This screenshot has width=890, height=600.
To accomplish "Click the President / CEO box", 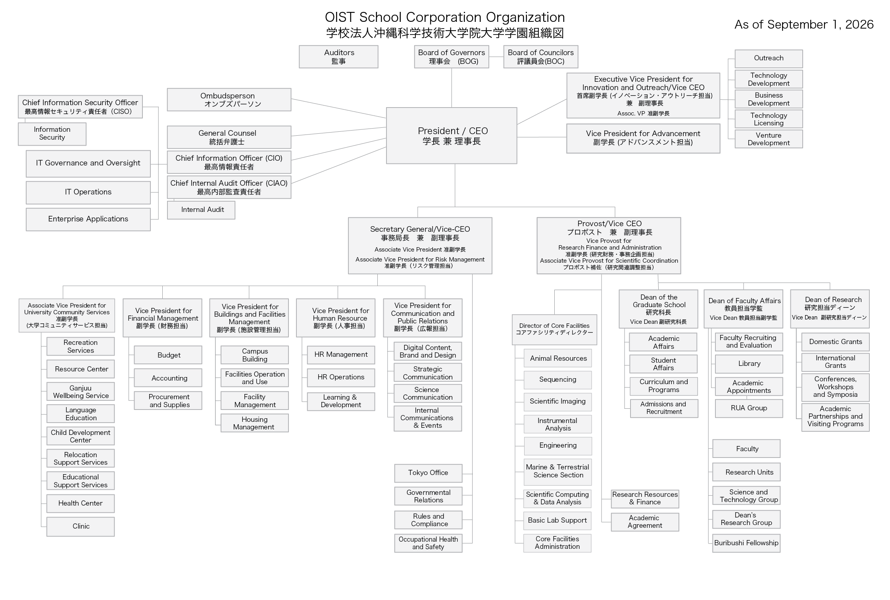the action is [x=452, y=136].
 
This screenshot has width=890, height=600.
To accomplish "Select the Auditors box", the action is [x=338, y=57].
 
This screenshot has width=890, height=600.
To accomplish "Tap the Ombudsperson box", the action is [x=229, y=100].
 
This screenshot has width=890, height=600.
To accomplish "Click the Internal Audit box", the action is [x=201, y=210].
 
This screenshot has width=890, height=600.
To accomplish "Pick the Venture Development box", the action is [x=769, y=139].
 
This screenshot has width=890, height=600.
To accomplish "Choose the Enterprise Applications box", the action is [x=88, y=219].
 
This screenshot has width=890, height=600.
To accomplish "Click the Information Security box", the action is [x=52, y=134].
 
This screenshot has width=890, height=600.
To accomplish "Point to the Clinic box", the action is [x=81, y=527].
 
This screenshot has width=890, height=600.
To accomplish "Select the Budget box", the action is [x=168, y=355].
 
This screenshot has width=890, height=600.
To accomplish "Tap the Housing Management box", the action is [x=254, y=423].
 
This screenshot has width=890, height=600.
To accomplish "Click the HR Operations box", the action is [x=341, y=377].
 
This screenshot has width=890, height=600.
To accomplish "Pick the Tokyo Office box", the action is [x=428, y=473].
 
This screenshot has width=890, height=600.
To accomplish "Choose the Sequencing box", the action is [x=557, y=380].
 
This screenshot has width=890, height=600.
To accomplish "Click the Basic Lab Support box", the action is [x=557, y=521].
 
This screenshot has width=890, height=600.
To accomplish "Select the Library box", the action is [x=749, y=364].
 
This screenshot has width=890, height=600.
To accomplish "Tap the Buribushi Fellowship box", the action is [x=746, y=543].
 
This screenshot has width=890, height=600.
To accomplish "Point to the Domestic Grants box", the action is [x=835, y=342].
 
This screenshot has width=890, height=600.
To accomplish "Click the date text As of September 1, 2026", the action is [x=804, y=25].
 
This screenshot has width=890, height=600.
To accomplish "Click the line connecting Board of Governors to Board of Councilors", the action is [x=496, y=57].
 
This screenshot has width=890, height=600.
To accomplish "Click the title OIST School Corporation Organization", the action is [x=445, y=17].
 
